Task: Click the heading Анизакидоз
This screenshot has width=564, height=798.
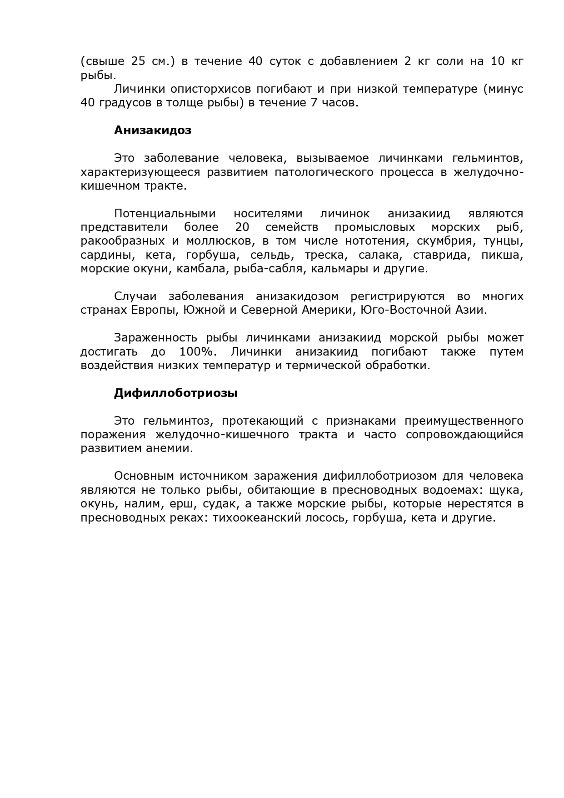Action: (152, 130)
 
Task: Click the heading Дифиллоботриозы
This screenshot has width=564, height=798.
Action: (175, 393)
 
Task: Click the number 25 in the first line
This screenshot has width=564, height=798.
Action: (138, 61)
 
